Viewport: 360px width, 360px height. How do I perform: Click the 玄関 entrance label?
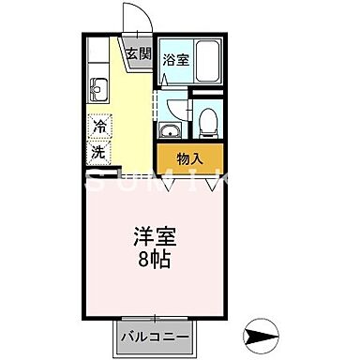pyautogui.click(x=138, y=53)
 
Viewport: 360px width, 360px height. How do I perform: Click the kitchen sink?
pyautogui.click(x=99, y=90)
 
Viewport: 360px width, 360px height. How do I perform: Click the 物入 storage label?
pyautogui.click(x=190, y=158)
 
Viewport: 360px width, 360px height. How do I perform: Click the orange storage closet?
pyautogui.click(x=190, y=157)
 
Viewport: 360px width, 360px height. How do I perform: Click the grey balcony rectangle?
pyautogui.click(x=155, y=335)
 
